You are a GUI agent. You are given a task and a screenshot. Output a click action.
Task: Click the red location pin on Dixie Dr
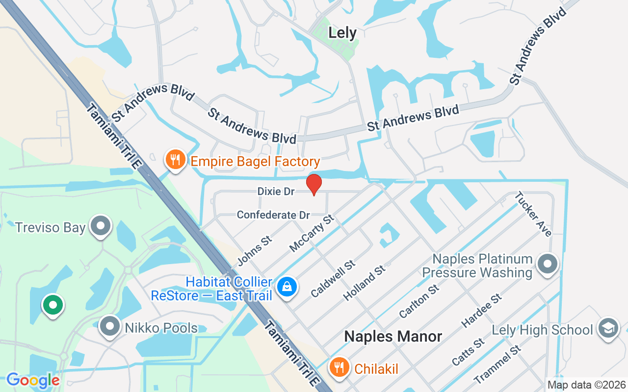[314, 184]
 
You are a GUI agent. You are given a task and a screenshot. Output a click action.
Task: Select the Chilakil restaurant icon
[338, 367]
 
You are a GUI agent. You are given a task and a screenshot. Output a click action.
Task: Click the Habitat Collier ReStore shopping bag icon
[287, 287]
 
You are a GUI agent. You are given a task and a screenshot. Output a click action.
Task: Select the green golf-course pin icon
[53, 305]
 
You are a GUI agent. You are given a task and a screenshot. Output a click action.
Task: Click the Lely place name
[342, 33]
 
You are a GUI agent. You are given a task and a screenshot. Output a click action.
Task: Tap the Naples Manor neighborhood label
[393, 336]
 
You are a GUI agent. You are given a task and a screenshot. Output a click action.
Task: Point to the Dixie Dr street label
[276, 192]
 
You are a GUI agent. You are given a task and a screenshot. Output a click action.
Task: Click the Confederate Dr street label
[273, 215]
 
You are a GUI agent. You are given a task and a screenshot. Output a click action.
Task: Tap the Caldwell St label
[333, 279]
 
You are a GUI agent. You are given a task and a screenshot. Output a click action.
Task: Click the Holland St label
[365, 283]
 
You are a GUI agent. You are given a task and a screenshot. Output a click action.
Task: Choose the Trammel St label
[497, 365]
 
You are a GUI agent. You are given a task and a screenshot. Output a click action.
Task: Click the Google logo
[33, 380]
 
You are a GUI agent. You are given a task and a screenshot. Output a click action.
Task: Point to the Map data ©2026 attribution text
[587, 385]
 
